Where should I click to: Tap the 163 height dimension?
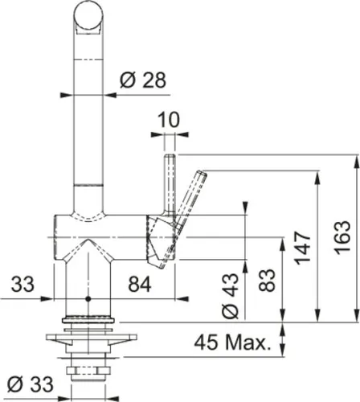[x=342, y=237]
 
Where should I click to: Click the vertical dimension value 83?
[x=269, y=281]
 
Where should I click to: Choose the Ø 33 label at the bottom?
[x=27, y=382]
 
